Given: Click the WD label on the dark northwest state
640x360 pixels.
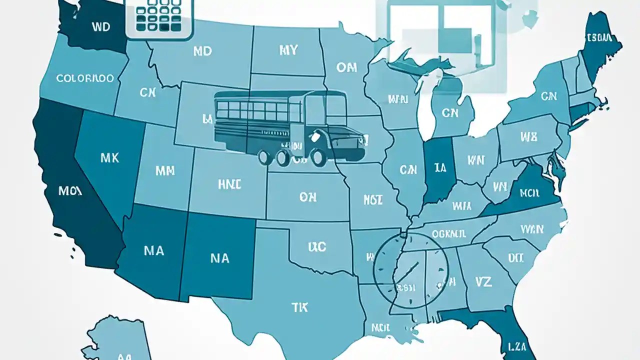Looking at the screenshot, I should pos(101,27).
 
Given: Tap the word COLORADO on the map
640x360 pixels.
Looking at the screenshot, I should pos(84,78).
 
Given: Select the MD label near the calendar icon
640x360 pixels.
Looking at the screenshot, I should pos(202,51).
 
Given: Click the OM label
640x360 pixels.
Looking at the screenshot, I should pos(346,67).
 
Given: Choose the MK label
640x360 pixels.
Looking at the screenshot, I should pos(109,158).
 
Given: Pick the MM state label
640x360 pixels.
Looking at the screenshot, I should pos(164,170).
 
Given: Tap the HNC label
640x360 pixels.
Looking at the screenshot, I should pos(229,184).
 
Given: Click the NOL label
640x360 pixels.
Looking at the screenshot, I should pos(373,200).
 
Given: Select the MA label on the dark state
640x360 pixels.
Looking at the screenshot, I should pos(153,250).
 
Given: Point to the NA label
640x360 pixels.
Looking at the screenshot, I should pos(219,258).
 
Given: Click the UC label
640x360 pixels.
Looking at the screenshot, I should pos(317,246).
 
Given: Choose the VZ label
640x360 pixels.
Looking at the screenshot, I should pos(483,281).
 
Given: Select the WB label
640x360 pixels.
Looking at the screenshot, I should pos(528,136).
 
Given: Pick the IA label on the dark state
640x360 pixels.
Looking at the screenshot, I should pos(440,168).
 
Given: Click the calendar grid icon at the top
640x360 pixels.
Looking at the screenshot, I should pos(158,17).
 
